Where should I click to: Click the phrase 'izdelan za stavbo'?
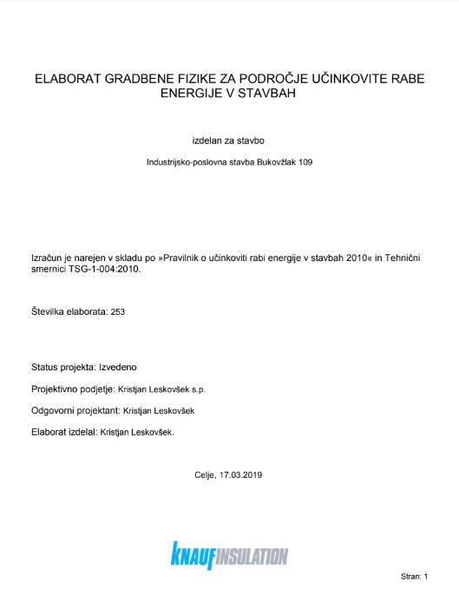[x=229, y=139]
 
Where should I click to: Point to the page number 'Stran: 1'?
[x=415, y=575]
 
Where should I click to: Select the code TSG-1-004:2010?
[x=101, y=269]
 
